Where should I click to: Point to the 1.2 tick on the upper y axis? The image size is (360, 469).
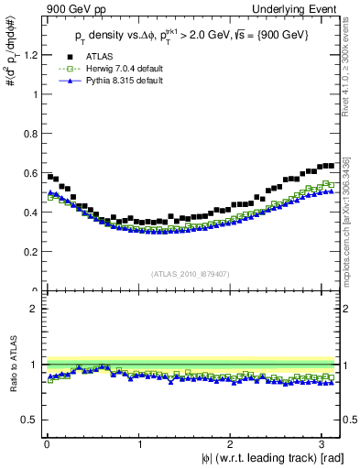pyautogui.click(x=29, y=55)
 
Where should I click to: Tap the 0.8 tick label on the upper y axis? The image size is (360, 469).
pyautogui.click(x=29, y=134)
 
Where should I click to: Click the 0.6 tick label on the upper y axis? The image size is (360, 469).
pyautogui.click(x=29, y=173)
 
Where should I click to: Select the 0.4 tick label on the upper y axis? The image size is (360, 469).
pyautogui.click(x=29, y=213)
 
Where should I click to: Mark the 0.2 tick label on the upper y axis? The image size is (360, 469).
pyautogui.click(x=29, y=252)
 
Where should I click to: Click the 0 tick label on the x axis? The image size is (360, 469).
pyautogui.click(x=47, y=445)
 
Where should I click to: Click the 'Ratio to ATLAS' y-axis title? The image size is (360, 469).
pyautogui.click(x=11, y=365)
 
